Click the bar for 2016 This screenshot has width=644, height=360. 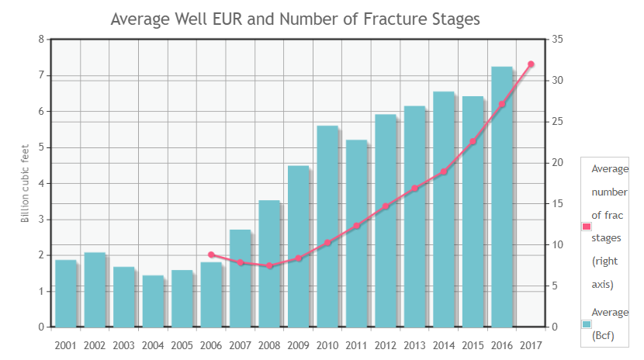[501, 197]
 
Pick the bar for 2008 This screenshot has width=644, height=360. [269, 264]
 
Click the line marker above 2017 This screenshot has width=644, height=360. [531, 64]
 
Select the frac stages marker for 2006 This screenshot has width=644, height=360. [211, 254]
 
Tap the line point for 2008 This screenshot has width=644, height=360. [269, 266]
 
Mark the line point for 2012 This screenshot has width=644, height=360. [386, 206]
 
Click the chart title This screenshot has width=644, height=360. [295, 19]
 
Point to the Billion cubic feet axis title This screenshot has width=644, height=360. [25, 183]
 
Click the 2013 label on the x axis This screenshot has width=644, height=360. [414, 345]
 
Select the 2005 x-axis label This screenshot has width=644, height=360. [182, 345]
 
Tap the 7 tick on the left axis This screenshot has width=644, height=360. [40, 75]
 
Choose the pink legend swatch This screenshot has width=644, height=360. [587, 227]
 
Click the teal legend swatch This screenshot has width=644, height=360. [587, 324]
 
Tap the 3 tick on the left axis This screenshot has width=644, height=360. [40, 220]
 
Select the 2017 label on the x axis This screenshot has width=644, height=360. [531, 345]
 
